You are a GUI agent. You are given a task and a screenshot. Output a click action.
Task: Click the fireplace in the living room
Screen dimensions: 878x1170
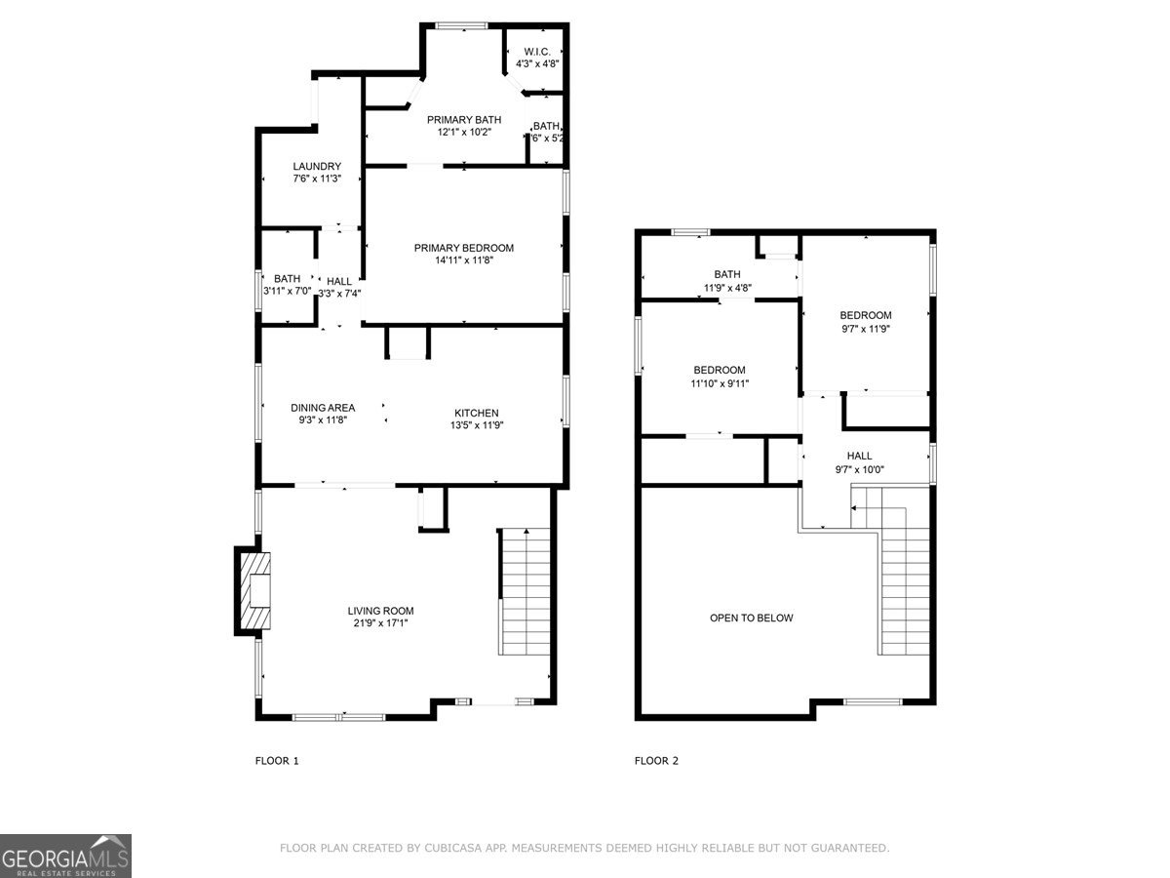pos(254,591)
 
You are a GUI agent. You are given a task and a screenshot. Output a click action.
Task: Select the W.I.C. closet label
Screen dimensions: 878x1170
pos(537,52)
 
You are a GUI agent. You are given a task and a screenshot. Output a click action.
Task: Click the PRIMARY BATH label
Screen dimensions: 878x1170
pos(464,120)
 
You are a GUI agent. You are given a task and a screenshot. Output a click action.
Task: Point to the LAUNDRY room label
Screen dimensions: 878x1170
pos(317,166)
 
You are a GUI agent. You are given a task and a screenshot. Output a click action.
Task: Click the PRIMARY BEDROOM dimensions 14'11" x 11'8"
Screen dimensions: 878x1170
pos(463,260)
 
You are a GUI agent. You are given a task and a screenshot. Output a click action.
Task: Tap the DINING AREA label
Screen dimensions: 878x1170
pos(323,408)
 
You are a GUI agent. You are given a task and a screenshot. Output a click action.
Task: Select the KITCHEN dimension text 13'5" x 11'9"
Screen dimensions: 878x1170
pos(476,424)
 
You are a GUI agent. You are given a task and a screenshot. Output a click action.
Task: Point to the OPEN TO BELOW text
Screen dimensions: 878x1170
pos(751,618)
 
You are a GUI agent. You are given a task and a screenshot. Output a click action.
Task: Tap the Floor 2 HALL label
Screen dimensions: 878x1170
pos(859,456)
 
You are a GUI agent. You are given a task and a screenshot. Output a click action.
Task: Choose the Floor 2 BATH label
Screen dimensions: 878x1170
pos(727,274)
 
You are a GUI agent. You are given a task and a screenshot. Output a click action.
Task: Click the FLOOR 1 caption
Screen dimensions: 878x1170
pos(277,761)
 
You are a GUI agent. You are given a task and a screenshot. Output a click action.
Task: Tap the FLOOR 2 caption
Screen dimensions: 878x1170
pos(656,761)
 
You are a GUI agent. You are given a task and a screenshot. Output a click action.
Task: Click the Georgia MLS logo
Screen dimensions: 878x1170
pos(65,856)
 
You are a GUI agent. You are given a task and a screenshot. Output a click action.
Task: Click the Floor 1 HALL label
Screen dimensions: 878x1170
pos(339,281)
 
